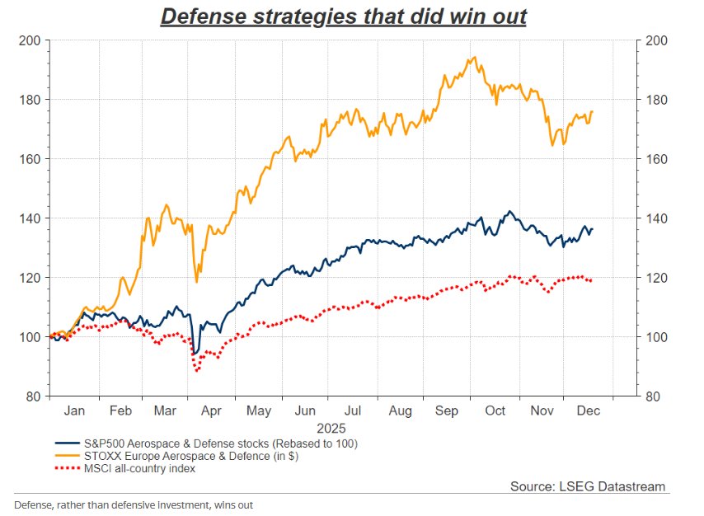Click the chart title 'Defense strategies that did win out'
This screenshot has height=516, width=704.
(343, 16)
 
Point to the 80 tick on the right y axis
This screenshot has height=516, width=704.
(650, 396)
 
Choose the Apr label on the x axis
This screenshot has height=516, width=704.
(212, 410)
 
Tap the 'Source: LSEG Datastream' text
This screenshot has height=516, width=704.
(587, 486)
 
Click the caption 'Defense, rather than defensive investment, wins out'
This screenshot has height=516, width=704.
(139, 504)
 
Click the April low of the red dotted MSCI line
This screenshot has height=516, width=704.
(197, 371)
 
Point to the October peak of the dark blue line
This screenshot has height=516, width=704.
(510, 211)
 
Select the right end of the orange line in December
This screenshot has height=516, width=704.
(593, 111)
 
